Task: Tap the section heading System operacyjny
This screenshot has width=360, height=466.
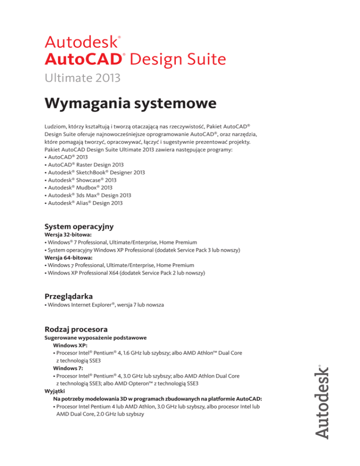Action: tap(79, 226)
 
